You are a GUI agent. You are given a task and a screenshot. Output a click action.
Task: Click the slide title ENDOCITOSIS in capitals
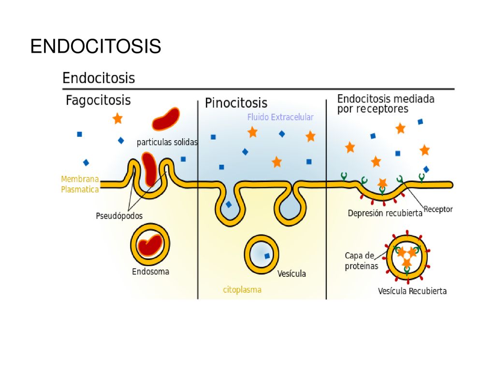tap(96, 46)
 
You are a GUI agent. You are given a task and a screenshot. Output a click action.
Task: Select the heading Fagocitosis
tap(98, 100)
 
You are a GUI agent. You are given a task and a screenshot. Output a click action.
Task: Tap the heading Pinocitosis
tap(236, 103)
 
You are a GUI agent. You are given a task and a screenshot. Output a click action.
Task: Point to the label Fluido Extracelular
tap(280, 117)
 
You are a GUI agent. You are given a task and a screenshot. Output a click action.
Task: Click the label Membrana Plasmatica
tap(80, 184)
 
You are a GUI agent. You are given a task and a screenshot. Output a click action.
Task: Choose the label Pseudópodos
tap(119, 216)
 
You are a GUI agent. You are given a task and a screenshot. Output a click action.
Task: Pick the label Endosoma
tap(151, 271)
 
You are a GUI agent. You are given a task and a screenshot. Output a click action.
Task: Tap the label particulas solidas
tap(167, 143)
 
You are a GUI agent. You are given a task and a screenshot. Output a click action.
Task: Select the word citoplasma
tap(242, 290)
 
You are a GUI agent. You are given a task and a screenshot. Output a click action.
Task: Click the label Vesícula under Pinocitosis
tap(291, 273)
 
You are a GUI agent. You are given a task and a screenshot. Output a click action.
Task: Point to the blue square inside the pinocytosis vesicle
tap(267, 256)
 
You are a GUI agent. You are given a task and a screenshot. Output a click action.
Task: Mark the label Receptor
tap(438, 209)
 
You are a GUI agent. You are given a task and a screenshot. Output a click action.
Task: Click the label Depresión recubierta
tap(385, 213)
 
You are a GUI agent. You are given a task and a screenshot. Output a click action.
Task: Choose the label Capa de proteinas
tap(361, 260)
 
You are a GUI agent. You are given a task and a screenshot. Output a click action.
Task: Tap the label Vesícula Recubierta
tap(412, 291)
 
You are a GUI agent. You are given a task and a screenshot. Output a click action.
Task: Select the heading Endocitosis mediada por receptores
tap(386, 104)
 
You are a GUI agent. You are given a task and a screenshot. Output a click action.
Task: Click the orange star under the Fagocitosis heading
tap(117, 119)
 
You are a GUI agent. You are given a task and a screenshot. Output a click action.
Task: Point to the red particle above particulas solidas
tap(166, 119)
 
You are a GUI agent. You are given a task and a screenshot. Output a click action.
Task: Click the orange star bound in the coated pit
tap(382, 183)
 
